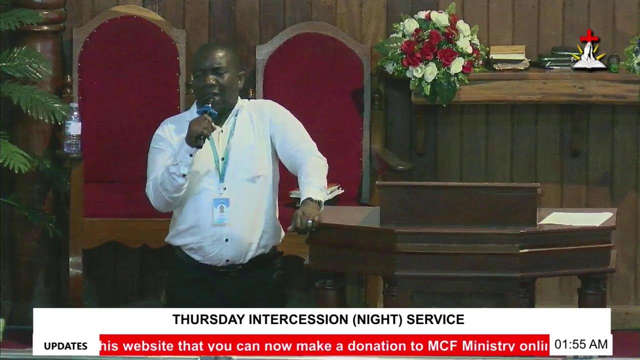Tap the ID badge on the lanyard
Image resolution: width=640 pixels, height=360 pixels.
pos(220,210)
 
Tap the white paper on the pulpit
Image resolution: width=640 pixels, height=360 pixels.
pos(576,218)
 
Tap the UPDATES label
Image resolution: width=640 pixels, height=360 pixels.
pos(65,346)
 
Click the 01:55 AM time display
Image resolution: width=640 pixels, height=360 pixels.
pos(580,344)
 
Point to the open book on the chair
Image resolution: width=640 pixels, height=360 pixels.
pos(316,191)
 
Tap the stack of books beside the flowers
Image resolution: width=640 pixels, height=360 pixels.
pos(508,57)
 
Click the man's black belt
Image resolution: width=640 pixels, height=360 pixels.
pos(225,263)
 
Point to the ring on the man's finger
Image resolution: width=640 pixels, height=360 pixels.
pos(309,221)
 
